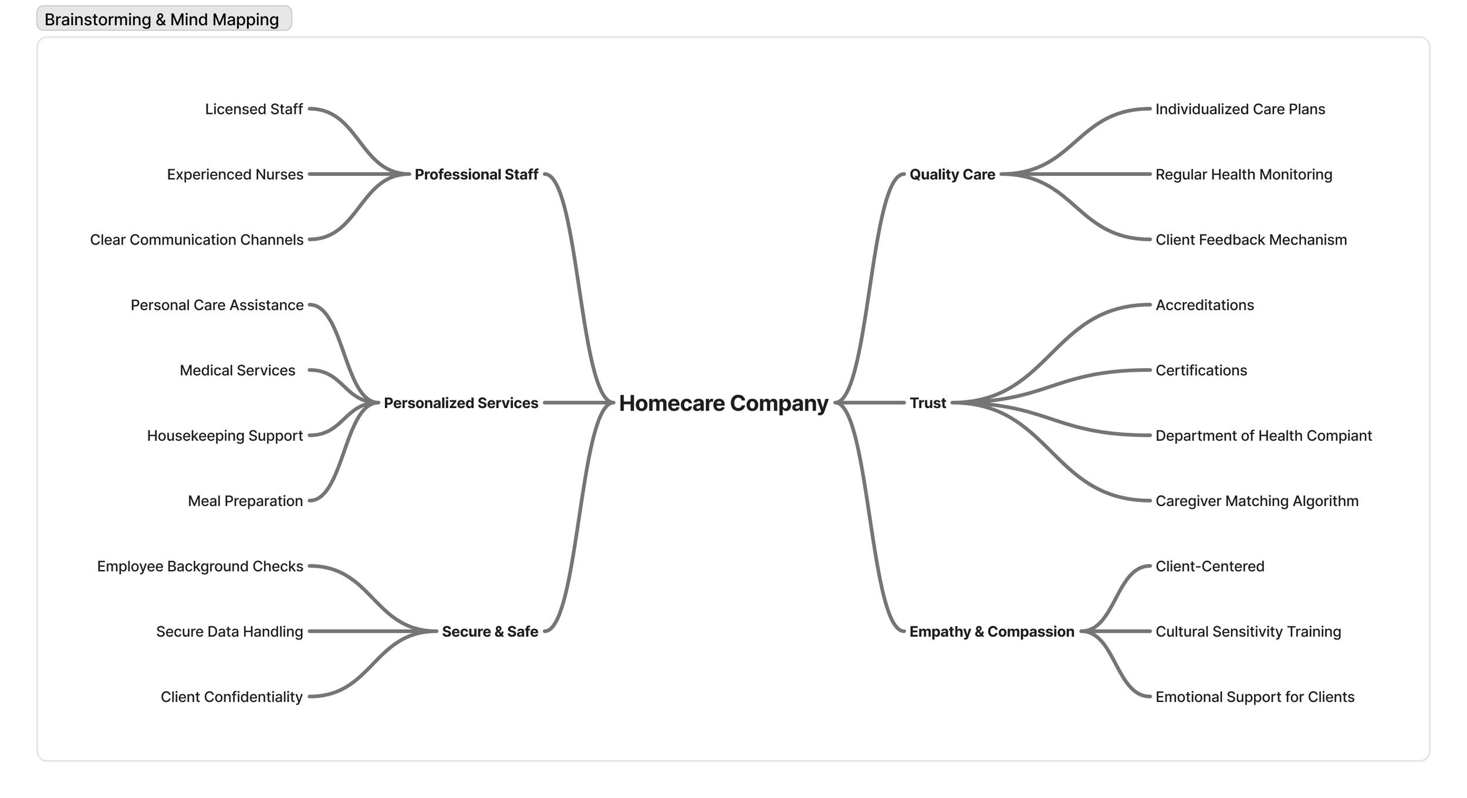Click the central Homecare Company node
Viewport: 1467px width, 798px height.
coord(723,403)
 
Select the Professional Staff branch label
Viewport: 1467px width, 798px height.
coord(476,175)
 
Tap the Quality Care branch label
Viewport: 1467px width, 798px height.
coord(952,175)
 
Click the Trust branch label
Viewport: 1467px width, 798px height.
coord(927,403)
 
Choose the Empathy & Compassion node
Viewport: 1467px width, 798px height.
coord(991,631)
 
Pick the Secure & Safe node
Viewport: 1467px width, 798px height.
coord(489,631)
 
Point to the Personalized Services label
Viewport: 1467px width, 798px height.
coord(461,403)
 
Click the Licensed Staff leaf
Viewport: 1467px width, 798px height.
coord(253,110)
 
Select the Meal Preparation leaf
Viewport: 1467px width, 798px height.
coord(245,501)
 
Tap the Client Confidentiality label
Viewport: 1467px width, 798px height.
coord(231,697)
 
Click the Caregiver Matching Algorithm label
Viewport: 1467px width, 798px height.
coord(1256,501)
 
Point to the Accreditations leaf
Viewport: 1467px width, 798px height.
coord(1204,305)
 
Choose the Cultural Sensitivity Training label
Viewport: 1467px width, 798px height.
coord(1248,631)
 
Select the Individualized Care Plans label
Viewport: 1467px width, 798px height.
coord(1239,110)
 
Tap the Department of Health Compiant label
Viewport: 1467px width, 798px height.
coord(1263,436)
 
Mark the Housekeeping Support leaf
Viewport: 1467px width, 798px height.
coord(225,436)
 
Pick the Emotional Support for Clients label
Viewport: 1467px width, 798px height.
coord(1254,697)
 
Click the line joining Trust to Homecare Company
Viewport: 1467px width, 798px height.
coord(871,403)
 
